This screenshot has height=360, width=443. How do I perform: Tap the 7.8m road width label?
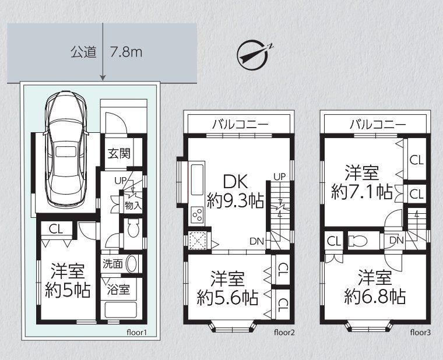126,52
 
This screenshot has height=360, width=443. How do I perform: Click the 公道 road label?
83,52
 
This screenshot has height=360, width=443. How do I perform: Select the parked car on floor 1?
66,150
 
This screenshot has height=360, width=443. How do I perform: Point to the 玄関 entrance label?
119,154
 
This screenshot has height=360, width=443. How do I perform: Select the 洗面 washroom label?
112,264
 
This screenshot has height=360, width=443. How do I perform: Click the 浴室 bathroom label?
119,290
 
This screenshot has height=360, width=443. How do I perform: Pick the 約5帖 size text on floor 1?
68,291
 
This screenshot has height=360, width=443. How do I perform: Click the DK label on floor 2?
235,182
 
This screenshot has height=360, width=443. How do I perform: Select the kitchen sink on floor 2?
198,180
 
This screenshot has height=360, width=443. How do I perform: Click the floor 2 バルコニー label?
240,124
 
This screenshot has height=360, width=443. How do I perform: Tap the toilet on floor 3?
358,241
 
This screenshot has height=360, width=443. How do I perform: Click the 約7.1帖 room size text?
362,192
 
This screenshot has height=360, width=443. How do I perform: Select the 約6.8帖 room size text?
375,296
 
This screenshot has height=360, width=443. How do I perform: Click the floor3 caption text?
420,332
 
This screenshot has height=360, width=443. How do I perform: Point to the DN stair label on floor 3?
396,240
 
